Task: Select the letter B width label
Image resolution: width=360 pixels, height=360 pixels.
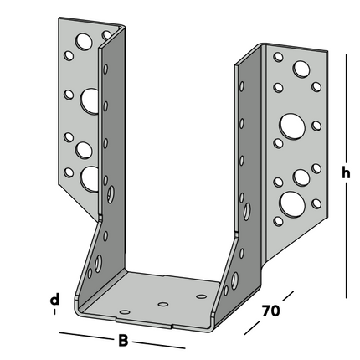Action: coord(122,341)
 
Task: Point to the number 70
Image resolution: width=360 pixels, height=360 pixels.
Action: coord(269,311)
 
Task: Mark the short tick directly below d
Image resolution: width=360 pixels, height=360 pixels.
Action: coord(54,312)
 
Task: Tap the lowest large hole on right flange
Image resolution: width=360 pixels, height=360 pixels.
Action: coord(291,202)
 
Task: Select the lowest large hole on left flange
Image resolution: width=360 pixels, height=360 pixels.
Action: coord(88,177)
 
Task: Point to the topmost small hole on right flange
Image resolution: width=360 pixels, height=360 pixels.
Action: coord(278,58)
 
